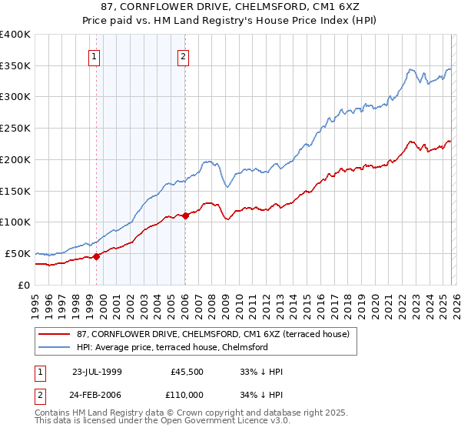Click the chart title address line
pos(230,6)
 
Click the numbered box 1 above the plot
pos(94,55)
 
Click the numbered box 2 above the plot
pos(184,55)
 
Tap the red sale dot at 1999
pos(97,256)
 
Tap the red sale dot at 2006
pos(186,215)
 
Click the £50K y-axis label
pos(17,253)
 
